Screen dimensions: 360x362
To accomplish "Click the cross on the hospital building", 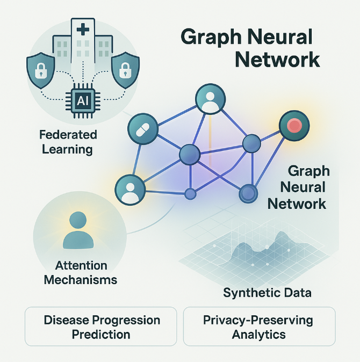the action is pos(82,29).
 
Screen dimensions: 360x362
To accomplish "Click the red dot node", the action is pos(294,127).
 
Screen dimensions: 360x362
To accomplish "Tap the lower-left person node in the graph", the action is pos(130,190).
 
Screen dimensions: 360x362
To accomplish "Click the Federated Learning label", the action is pos(68,141).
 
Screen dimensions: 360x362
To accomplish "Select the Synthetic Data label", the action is pos(267,293).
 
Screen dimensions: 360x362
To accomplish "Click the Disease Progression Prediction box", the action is pos(102,327).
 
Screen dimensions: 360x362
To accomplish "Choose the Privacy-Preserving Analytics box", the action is pos(259,327).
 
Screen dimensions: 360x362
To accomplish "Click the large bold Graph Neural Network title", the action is pos(250,48).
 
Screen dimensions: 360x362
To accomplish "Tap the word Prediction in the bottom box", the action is pos(102,334).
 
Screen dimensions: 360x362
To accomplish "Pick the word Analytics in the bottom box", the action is pos(259,334).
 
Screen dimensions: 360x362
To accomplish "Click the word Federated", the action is pos(68,134).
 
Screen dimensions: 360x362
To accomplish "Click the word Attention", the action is pos(81,265).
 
